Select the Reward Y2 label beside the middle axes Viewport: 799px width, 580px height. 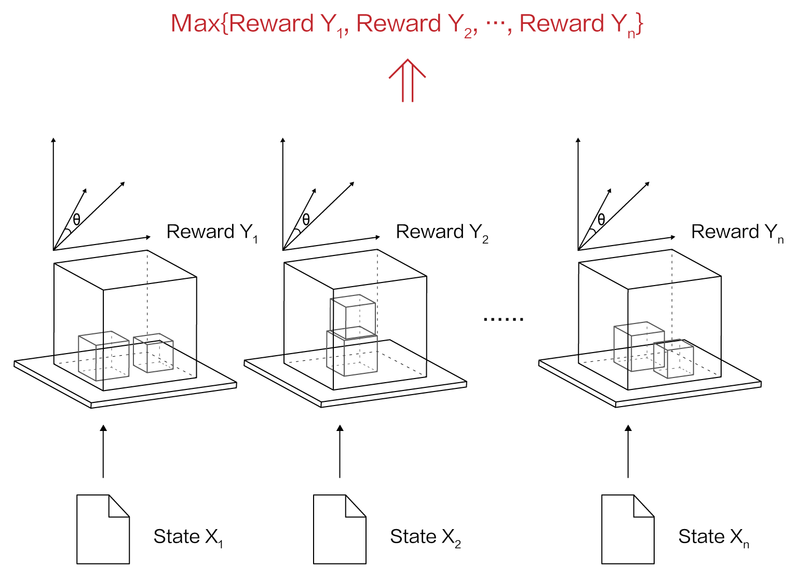pyautogui.click(x=442, y=232)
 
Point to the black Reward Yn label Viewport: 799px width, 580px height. pyautogui.click(x=737, y=232)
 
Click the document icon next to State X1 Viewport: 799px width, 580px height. pyautogui.click(x=103, y=529)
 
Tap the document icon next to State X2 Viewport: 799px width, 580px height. pyautogui.click(x=340, y=529)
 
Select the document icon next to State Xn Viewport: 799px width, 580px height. pyautogui.click(x=628, y=529)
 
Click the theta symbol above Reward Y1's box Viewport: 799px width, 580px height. pyautogui.click(x=76, y=220)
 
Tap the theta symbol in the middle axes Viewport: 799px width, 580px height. pyautogui.click(x=306, y=220)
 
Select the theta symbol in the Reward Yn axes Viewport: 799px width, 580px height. pyautogui.click(x=601, y=220)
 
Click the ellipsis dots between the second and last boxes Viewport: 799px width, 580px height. pyautogui.click(x=503, y=319)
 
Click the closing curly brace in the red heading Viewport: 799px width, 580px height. pyautogui.click(x=640, y=24)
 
